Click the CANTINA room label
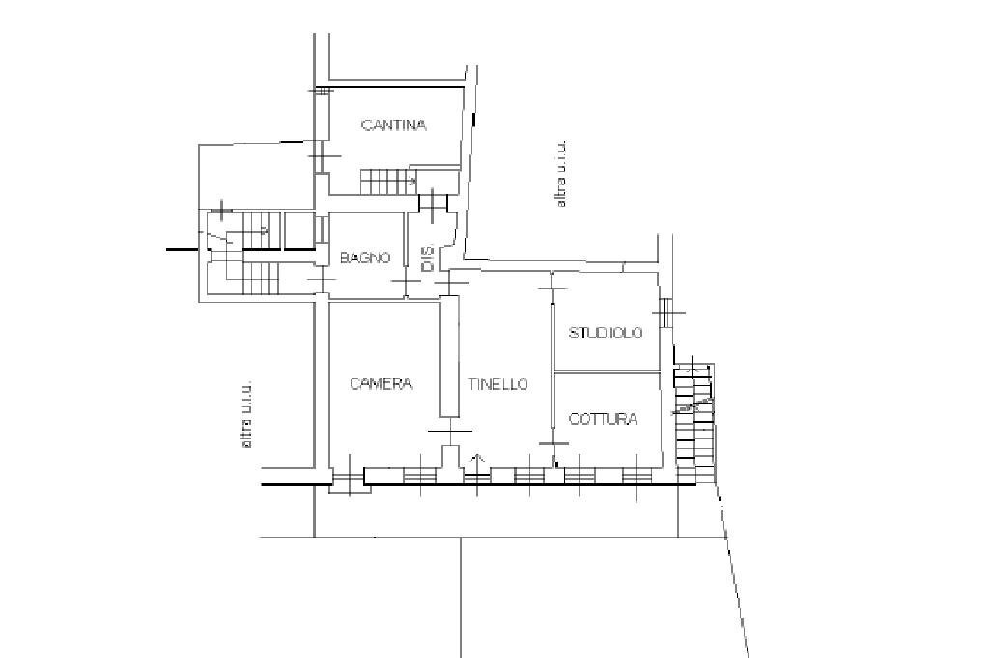[x=393, y=124]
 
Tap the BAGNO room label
[x=365, y=258]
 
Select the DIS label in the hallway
[x=427, y=258]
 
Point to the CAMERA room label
[x=381, y=383]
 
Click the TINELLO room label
[x=498, y=383]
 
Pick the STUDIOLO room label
[x=606, y=333]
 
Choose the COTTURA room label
[x=603, y=419]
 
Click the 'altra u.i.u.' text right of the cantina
[x=560, y=174]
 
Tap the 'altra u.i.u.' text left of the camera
[x=247, y=413]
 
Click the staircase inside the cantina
[x=385, y=180]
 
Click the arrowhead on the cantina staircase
[x=412, y=180]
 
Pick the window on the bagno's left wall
[x=320, y=231]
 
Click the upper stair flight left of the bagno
[x=253, y=229]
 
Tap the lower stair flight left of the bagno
[x=254, y=278]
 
